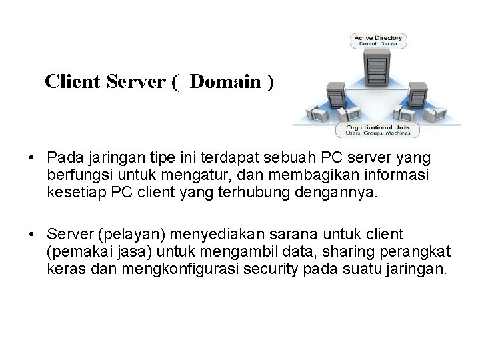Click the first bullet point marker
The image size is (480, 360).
[31, 159]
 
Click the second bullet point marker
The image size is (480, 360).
[31, 235]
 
